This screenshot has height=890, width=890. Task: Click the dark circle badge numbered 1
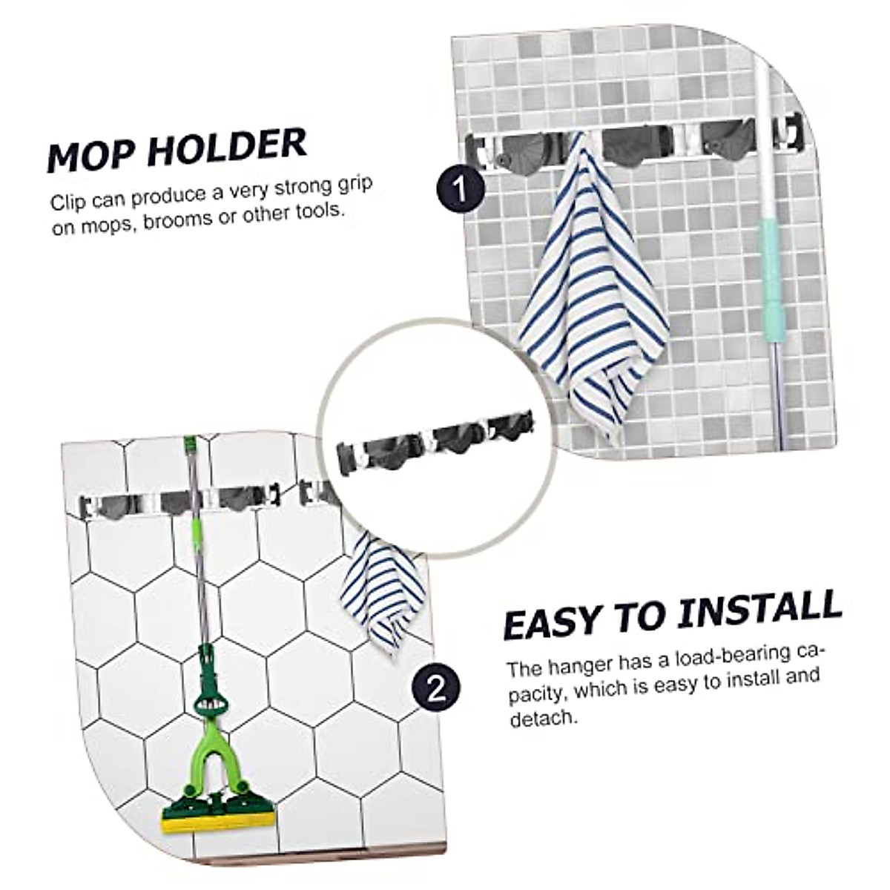point(461,190)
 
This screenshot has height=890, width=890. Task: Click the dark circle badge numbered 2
point(437,690)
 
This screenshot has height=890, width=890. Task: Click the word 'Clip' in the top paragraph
point(67,201)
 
